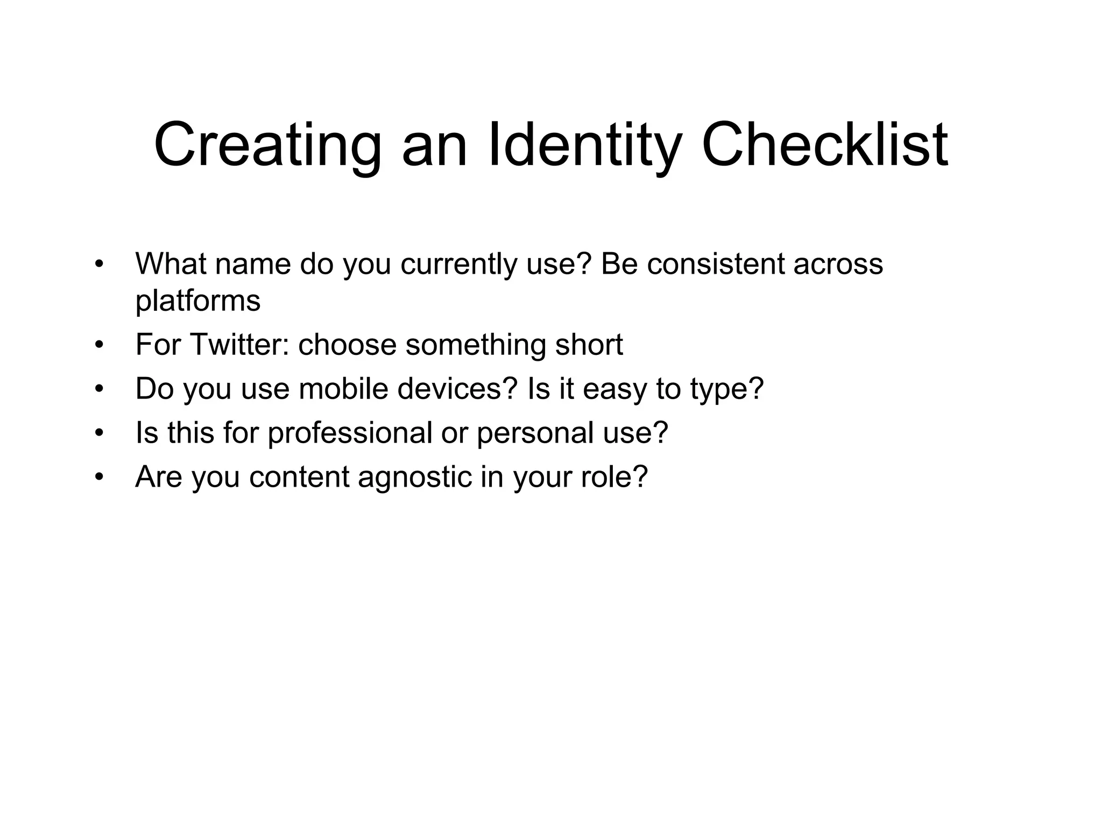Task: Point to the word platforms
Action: (197, 301)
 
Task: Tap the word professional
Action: (350, 433)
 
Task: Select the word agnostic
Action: (414, 477)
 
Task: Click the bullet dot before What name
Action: (98, 265)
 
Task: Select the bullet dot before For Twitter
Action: (98, 345)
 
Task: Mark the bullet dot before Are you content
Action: (98, 477)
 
